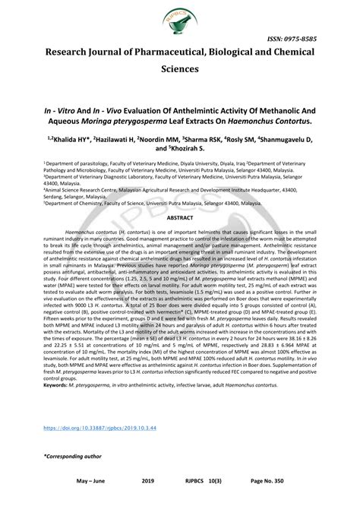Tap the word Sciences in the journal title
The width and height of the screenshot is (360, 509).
pos(179,68)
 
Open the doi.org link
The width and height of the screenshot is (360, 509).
pos(89,428)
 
